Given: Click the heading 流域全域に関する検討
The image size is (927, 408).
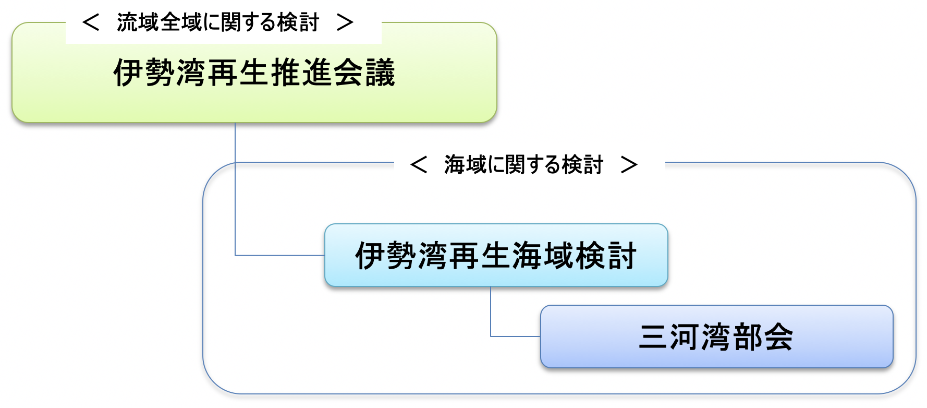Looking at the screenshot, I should pyautogui.click(x=217, y=22).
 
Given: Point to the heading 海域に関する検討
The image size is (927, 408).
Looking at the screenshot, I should pyautogui.click(x=523, y=165).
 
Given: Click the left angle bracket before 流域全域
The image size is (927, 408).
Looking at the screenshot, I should pyautogui.click(x=91, y=22).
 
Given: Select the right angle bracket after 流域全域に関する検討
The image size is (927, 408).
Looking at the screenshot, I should pyautogui.click(x=345, y=22).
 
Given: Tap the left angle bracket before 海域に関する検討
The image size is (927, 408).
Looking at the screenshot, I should pyautogui.click(x=419, y=165).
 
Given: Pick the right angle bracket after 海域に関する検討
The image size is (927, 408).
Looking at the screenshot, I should pyautogui.click(x=629, y=165).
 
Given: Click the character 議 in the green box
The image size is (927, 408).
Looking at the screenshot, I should pyautogui.click(x=380, y=73).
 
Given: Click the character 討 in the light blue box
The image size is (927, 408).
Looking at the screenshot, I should pyautogui.click(x=621, y=256).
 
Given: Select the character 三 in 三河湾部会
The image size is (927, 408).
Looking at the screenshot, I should pyautogui.click(x=653, y=337).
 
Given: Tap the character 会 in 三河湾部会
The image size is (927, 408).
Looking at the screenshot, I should pyautogui.click(x=778, y=337).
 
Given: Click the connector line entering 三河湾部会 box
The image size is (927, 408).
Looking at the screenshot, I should pyautogui.click(x=515, y=337).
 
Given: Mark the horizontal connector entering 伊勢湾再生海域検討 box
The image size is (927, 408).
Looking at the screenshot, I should pyautogui.click(x=280, y=255).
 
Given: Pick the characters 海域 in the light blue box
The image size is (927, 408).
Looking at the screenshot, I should pyautogui.click(x=543, y=256).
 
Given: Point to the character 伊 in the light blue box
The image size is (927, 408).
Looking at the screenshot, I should pyautogui.click(x=370, y=256).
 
